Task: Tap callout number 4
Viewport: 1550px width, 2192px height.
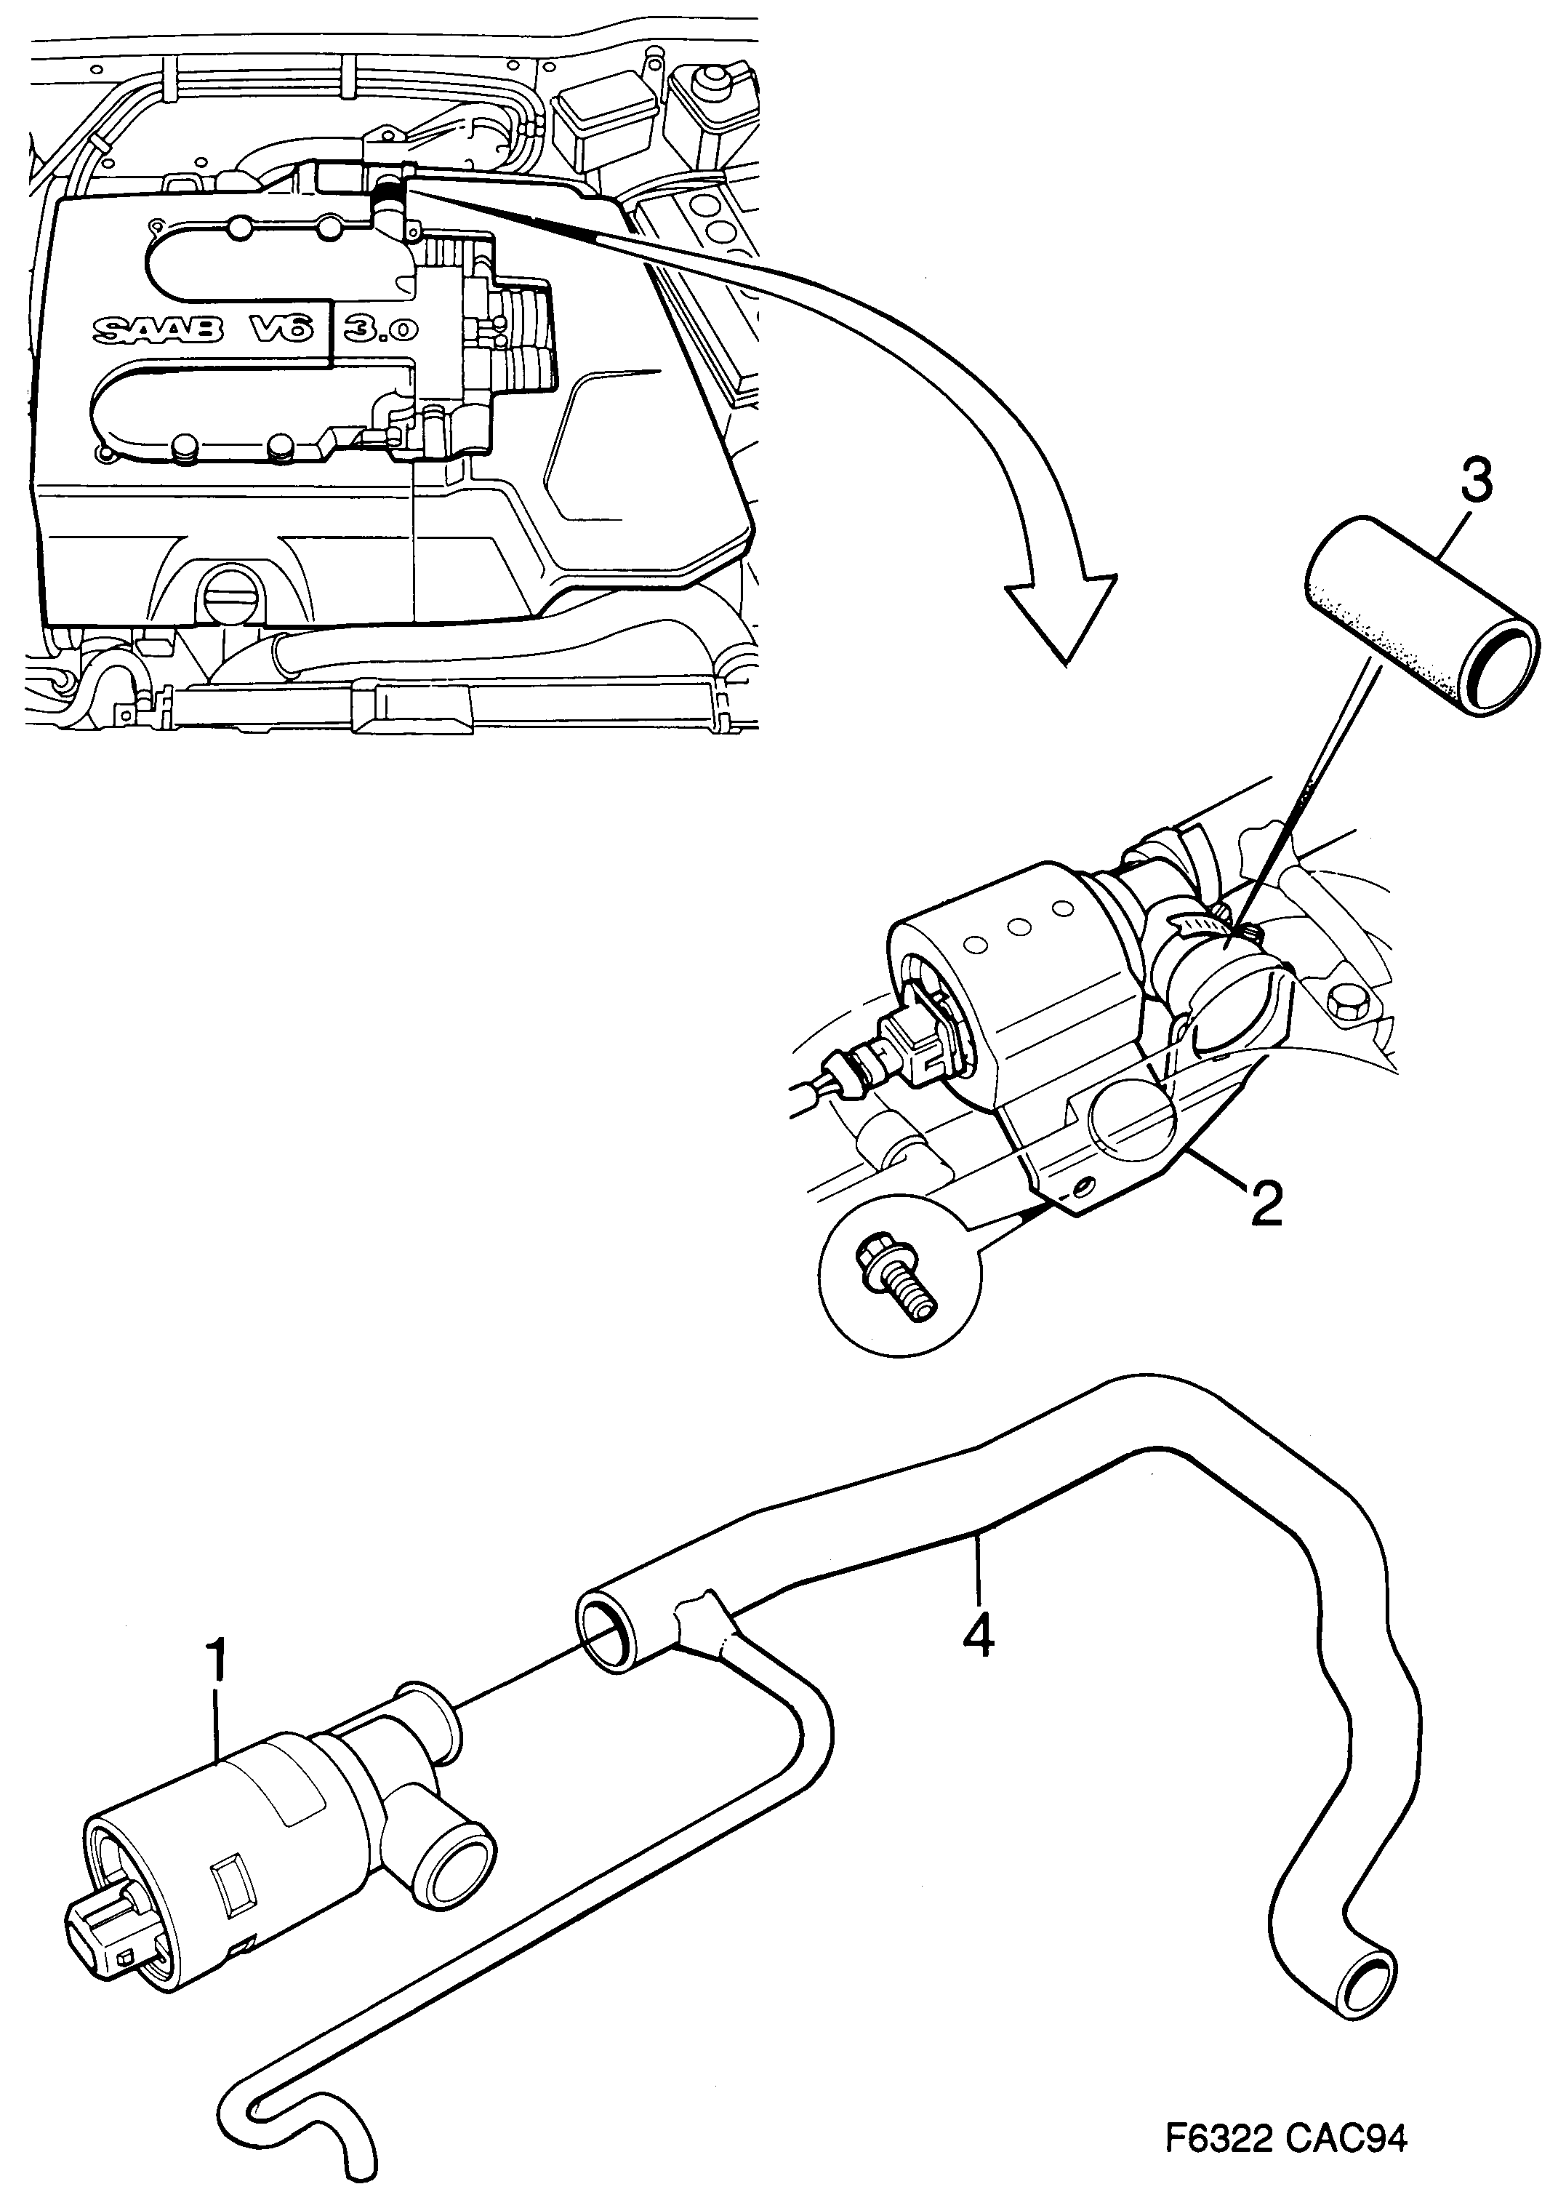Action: point(979,1636)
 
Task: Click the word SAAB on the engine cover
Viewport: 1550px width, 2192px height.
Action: point(158,330)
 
